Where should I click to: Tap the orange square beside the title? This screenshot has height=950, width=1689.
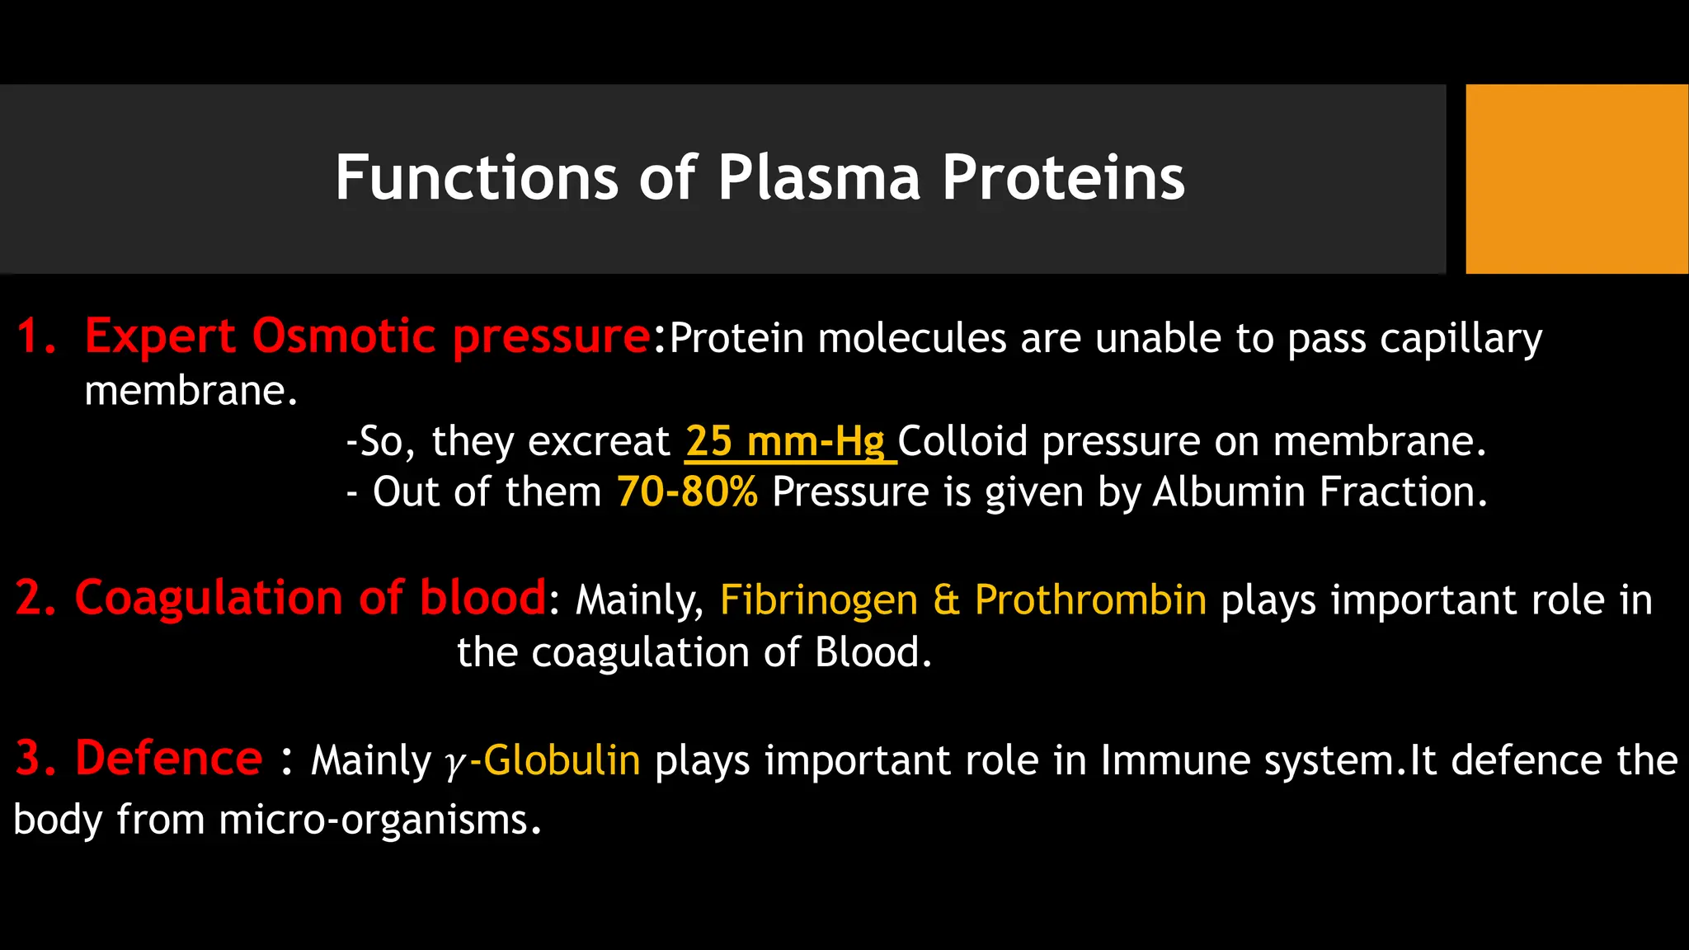pos(1576,179)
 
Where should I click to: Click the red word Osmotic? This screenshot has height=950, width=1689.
pos(343,336)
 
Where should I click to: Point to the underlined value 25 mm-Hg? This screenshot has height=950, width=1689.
pos(785,441)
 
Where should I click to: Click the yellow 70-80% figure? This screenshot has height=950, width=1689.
pos(687,491)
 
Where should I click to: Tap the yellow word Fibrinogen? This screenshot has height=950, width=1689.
pos(818,600)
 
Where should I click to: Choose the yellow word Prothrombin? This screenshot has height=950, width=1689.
pos(1090,600)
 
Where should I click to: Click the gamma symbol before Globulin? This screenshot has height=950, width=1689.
pos(454,763)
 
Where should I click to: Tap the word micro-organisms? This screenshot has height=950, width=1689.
pos(379,820)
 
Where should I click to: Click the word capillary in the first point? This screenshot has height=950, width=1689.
pos(1461,339)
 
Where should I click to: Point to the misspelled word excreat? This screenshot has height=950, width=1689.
pos(599,441)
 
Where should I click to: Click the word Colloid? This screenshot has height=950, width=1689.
pos(962,441)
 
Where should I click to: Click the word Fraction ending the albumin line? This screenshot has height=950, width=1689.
pos(1401,491)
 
